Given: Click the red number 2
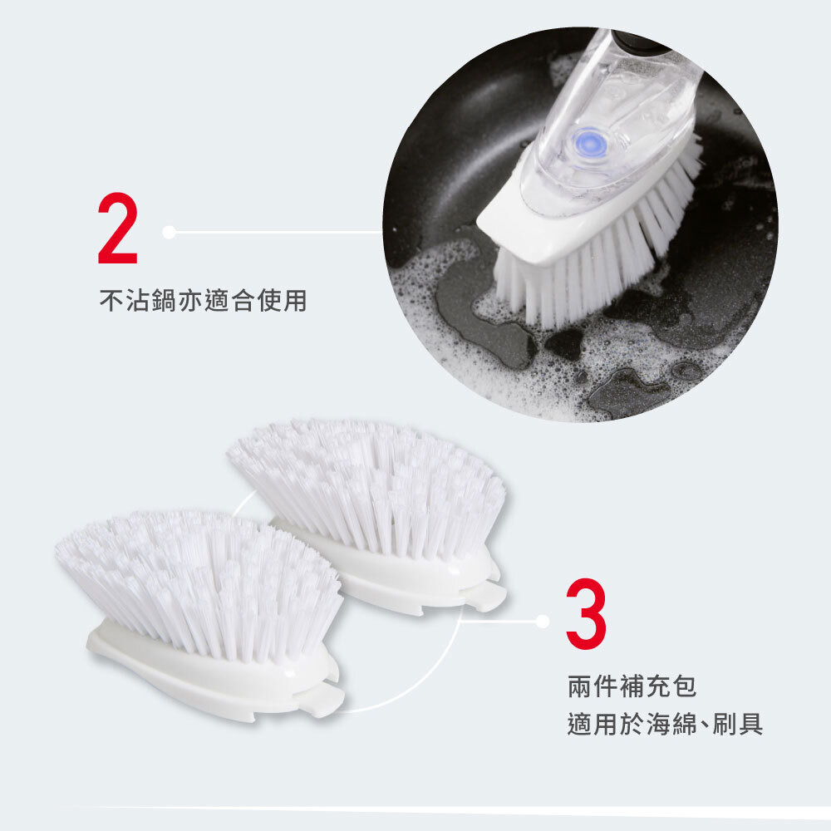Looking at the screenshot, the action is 118,228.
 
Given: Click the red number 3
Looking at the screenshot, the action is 586,613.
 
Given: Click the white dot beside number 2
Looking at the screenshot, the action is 169,232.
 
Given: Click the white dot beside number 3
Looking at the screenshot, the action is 542,621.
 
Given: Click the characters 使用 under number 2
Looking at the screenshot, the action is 282,301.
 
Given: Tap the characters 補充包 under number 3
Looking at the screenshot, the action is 657,686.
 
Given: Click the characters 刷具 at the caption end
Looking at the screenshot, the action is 738,724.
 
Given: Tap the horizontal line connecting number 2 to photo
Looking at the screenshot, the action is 278,232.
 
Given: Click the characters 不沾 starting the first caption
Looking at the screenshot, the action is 125,301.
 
